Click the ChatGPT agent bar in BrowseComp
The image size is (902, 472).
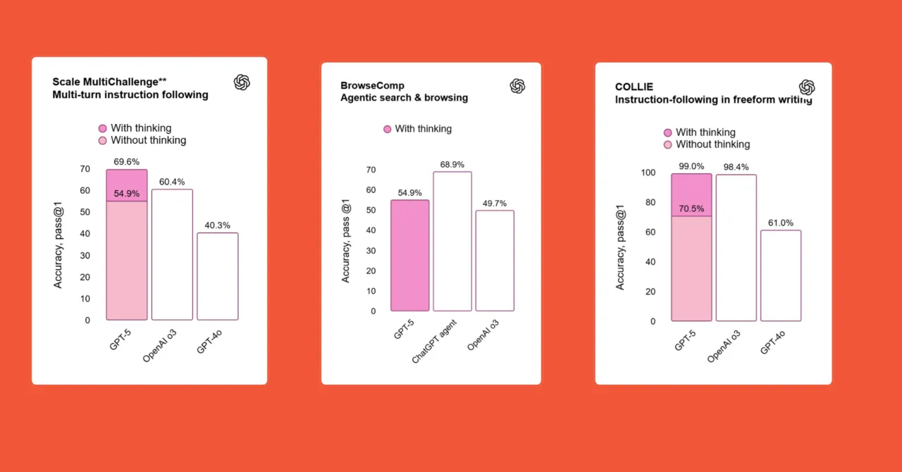coord(452,242)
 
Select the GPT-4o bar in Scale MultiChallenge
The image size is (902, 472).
coord(217,276)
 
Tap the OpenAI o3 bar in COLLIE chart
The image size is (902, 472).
coord(736,248)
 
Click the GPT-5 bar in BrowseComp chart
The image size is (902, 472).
coord(410,256)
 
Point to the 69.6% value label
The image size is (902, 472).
coord(127,162)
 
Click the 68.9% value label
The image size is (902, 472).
coord(452,165)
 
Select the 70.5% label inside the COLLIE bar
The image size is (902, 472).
coord(691,209)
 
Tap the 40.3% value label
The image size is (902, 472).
coord(217,225)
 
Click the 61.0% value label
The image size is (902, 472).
coord(780,223)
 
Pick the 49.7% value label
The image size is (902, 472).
coord(494,204)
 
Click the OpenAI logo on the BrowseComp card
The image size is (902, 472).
coord(517,86)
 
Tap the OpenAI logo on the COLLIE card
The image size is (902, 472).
coord(807,87)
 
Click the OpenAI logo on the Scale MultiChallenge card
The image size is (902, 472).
coord(242,82)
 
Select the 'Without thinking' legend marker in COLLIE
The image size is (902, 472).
coord(668,144)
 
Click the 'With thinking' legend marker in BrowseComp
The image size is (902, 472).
coord(387,129)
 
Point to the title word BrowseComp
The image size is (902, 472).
coord(372,86)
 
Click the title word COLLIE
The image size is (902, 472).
coord(634,87)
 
